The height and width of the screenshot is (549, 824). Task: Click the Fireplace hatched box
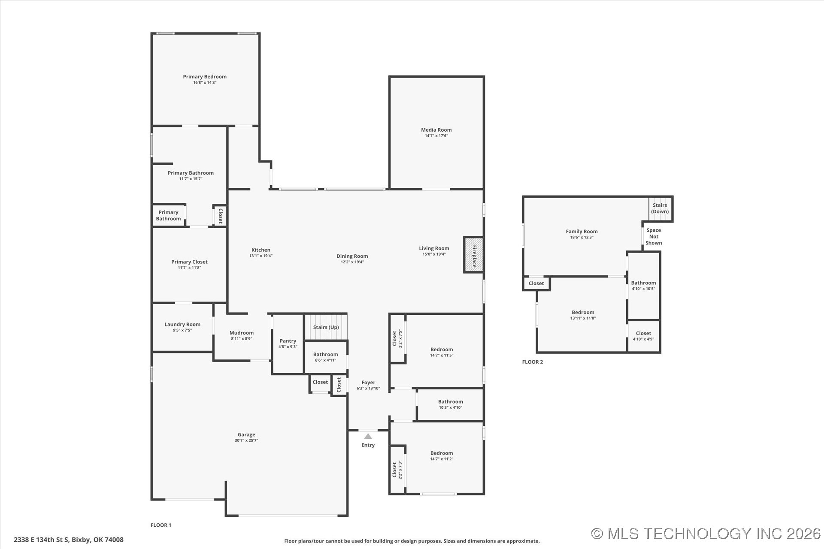(x=473, y=255)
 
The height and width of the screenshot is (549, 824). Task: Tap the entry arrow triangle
(x=368, y=436)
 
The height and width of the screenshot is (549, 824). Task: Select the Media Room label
(x=436, y=130)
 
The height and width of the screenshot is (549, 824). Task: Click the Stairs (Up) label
(x=326, y=327)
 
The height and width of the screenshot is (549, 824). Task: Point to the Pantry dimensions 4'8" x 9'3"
(x=288, y=347)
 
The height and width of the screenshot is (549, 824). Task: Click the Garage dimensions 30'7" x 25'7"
(x=246, y=440)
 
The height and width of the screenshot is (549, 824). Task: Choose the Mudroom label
(x=242, y=333)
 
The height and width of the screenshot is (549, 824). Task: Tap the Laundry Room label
(x=182, y=324)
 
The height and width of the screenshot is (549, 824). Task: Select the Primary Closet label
(x=189, y=262)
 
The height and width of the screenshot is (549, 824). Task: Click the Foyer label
(x=368, y=383)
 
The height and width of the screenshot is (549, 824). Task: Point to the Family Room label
(x=582, y=232)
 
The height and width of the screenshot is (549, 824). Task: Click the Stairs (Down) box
(x=660, y=209)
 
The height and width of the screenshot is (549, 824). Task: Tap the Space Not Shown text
(x=654, y=236)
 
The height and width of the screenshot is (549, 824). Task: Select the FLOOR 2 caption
(x=533, y=362)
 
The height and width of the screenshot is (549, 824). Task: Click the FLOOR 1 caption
(x=161, y=525)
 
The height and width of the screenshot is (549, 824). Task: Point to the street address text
(x=69, y=540)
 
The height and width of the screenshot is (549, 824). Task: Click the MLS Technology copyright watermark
(x=706, y=534)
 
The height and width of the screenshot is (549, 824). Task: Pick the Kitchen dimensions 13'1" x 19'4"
(x=261, y=256)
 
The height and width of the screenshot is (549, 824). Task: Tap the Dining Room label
(x=352, y=256)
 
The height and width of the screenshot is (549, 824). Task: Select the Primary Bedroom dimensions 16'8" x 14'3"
(x=205, y=82)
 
